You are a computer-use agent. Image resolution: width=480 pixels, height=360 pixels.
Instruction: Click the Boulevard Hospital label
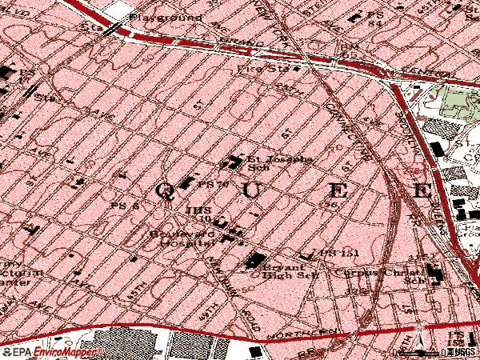182,238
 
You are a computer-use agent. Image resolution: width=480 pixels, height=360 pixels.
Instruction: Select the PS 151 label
335,253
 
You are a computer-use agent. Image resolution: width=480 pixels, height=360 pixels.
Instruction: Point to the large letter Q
164,190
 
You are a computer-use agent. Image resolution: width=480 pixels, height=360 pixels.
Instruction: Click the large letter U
251,190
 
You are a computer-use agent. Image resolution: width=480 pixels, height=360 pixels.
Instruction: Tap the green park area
456,104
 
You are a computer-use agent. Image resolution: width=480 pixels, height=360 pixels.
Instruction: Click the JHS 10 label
198,214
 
